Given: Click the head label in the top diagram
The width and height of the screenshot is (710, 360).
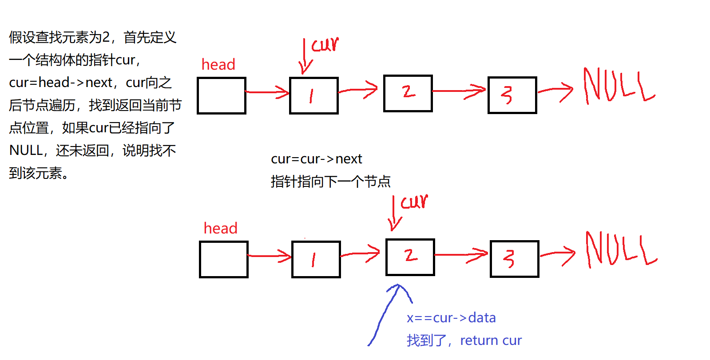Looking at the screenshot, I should (x=218, y=65).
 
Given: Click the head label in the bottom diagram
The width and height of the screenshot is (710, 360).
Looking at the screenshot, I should (x=220, y=229).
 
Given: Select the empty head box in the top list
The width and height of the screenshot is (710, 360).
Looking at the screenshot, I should (x=222, y=96).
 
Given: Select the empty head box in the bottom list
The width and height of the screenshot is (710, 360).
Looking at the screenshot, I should (x=224, y=260).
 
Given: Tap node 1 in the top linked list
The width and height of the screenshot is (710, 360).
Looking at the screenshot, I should (x=313, y=96).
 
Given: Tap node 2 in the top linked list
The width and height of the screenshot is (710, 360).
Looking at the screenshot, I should (x=408, y=93).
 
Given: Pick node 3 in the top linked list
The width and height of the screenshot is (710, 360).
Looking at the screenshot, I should (x=512, y=95).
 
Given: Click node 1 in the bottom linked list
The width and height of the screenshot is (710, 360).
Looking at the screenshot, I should (x=316, y=260).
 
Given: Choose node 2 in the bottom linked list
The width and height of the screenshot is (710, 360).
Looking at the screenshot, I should (x=410, y=257).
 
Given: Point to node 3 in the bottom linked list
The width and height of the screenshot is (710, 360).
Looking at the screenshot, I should (x=514, y=259).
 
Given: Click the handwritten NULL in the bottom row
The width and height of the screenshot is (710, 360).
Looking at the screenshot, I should (x=620, y=249).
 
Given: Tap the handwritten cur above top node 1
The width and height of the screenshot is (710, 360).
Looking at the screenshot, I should (x=325, y=44).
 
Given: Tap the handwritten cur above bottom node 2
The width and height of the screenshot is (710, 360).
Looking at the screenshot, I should (x=414, y=202).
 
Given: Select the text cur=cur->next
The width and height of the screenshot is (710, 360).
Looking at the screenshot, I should (x=316, y=159).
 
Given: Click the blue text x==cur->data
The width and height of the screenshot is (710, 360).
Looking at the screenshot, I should (x=451, y=318).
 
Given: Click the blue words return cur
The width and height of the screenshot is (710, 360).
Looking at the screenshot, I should (x=491, y=340).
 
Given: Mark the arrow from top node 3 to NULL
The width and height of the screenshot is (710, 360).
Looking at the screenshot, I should (x=556, y=91).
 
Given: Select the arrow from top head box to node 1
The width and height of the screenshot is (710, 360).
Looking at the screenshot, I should (x=268, y=92).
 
